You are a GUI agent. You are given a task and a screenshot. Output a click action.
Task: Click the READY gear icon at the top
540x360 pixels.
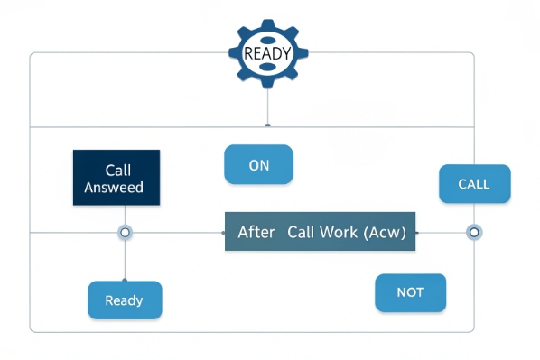(268, 52)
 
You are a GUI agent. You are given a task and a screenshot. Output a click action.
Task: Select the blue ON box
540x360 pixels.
(259, 165)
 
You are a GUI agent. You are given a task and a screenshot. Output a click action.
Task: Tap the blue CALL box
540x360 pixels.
(474, 184)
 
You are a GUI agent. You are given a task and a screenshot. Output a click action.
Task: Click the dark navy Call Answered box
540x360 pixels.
(116, 179)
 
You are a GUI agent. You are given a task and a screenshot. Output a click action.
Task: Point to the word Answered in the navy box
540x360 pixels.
(114, 188)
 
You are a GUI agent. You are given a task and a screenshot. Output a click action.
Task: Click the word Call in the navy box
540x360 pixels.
(118, 170)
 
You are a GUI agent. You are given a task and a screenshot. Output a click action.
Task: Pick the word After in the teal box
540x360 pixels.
(256, 233)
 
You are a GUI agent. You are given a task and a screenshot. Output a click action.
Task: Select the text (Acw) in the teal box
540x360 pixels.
(385, 233)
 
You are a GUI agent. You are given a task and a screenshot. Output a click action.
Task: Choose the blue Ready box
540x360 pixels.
(125, 300)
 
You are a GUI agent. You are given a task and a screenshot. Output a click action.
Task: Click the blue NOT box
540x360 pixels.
(410, 292)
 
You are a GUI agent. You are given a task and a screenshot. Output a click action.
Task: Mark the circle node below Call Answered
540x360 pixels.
(125, 233)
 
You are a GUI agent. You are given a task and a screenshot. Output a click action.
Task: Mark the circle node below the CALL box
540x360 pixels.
(473, 233)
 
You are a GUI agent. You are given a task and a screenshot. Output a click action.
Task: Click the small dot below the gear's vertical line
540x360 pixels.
(268, 124)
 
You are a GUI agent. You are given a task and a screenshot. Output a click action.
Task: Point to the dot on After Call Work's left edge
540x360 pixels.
(224, 233)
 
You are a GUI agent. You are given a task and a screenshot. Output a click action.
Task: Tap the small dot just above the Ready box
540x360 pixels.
(125, 279)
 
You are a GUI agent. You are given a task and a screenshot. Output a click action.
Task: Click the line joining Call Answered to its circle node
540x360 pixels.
(125, 215)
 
